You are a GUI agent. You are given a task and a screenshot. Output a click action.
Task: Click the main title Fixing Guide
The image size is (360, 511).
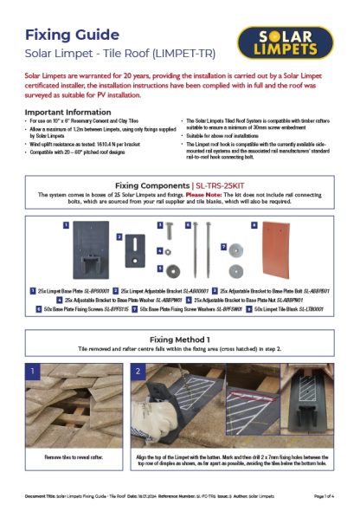coord(72,35)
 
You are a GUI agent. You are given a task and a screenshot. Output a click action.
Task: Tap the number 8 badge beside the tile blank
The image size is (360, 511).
coord(254,224)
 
